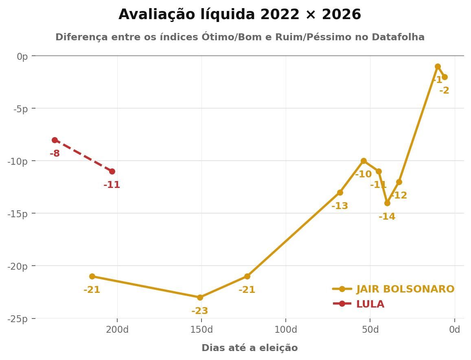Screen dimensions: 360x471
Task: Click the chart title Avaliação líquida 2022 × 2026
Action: [239, 15]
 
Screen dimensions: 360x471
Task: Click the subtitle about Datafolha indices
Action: [240, 37]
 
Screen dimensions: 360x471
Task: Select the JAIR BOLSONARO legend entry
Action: [405, 289]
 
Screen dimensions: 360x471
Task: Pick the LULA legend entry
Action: [370, 304]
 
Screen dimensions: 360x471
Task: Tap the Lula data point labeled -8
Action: [55, 140]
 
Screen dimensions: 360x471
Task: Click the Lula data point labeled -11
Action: [112, 172]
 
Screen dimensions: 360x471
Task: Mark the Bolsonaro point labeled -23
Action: [200, 297]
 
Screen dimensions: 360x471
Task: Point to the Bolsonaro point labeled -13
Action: [340, 192]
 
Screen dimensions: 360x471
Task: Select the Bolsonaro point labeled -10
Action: [364, 161]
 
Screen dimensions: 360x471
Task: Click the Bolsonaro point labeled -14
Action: [387, 203]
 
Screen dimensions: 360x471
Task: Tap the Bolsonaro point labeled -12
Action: [399, 182]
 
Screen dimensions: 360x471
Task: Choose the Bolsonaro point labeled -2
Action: [445, 77]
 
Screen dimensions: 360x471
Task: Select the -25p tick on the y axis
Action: [17, 319]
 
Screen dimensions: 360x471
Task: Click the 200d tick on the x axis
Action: [117, 329]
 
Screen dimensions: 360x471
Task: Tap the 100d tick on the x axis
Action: [285, 329]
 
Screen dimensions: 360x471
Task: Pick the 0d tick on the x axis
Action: [454, 329]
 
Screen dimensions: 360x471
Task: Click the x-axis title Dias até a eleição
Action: [250, 348]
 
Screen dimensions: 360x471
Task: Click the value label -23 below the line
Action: [199, 311]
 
